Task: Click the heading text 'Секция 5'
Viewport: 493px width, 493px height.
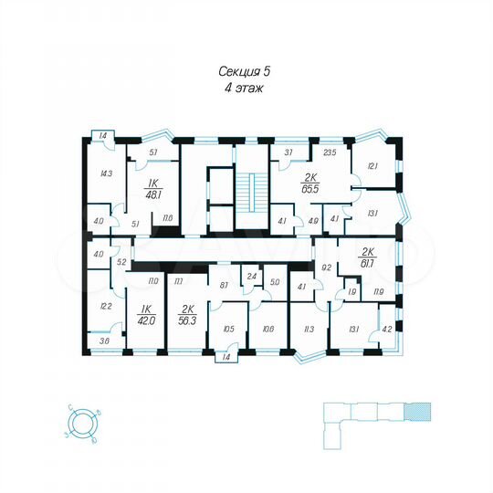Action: click(246, 70)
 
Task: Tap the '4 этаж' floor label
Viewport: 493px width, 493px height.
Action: click(246, 89)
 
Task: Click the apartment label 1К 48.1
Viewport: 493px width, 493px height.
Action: click(153, 189)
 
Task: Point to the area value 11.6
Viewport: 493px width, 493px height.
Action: click(168, 218)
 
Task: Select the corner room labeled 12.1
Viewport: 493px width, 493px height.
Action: click(372, 165)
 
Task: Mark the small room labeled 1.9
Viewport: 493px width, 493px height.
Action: click(351, 291)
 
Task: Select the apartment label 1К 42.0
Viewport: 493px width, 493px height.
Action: click(145, 315)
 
